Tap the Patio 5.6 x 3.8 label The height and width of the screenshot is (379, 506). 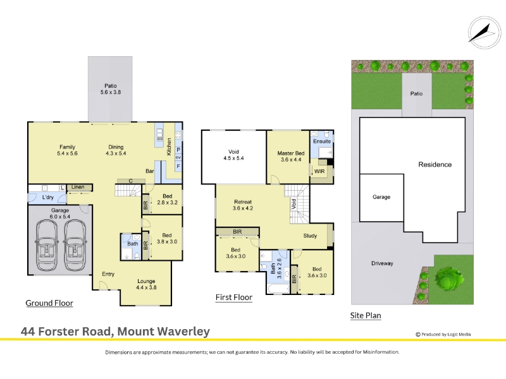point(110,89)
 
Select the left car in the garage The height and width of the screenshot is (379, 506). point(47,245)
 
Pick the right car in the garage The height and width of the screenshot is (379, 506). point(75,245)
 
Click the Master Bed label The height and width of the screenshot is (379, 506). point(291,153)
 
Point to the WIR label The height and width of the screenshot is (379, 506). point(319,171)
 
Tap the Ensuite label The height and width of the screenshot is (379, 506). point(322,141)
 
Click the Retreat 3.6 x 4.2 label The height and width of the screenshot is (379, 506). point(243,205)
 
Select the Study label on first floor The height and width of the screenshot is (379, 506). point(310,236)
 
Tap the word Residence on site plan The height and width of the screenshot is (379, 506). point(435,164)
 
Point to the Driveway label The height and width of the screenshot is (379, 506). point(382,263)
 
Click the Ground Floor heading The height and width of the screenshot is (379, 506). point(49,303)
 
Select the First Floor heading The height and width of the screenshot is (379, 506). point(234,297)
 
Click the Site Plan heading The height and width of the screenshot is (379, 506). point(366,315)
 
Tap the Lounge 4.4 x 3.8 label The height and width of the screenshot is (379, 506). point(146,284)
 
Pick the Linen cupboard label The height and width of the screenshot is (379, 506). point(78,187)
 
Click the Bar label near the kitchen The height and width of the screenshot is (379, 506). point(149,171)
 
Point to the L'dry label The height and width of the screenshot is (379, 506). point(48,197)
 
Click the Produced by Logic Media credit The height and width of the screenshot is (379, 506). point(443,335)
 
